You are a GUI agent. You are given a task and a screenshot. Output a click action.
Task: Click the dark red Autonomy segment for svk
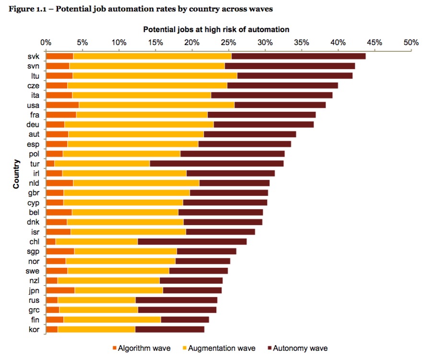point(298,56)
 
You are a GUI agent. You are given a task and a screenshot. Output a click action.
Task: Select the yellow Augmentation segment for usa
point(156,105)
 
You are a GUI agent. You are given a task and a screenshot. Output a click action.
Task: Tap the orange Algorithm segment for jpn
point(60,290)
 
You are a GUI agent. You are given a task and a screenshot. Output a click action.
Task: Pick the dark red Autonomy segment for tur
point(216,163)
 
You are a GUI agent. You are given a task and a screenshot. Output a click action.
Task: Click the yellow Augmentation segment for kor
point(96,329)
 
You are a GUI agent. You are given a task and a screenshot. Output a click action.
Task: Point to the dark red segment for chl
point(192,241)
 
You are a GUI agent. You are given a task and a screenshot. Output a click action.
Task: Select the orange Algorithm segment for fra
point(61,115)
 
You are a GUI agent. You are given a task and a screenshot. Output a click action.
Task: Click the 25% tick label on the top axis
point(228,42)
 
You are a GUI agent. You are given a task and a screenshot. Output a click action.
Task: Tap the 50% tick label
point(411,42)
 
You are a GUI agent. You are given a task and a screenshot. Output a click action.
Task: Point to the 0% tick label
point(46,42)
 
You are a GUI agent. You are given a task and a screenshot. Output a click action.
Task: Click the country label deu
point(33,124)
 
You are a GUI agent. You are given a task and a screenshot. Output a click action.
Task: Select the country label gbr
point(33,192)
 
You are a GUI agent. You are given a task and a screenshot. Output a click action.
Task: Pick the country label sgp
point(33,251)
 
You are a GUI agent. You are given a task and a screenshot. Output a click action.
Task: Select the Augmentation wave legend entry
point(221,348)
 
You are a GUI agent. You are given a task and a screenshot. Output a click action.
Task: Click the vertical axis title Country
point(16,174)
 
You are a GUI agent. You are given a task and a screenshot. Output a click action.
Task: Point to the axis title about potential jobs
point(216,29)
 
